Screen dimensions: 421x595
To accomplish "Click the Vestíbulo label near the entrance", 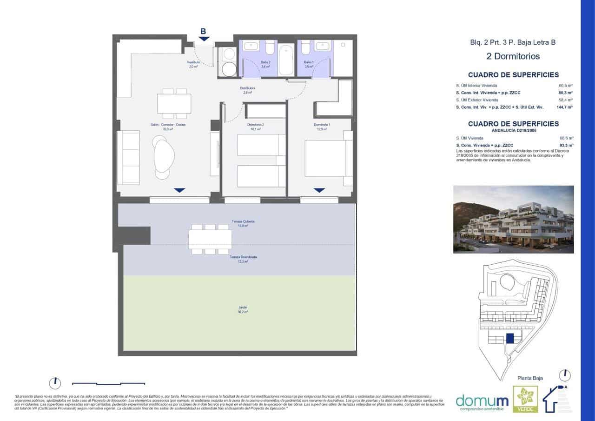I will tap(193, 64).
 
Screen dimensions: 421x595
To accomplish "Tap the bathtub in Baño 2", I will tap(286, 59).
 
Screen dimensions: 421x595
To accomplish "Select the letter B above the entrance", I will tap(203, 32).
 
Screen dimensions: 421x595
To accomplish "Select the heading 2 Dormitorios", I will tap(513, 56).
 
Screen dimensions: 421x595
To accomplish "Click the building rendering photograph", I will tap(513, 219).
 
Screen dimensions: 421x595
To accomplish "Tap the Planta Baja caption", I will tap(530, 378).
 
